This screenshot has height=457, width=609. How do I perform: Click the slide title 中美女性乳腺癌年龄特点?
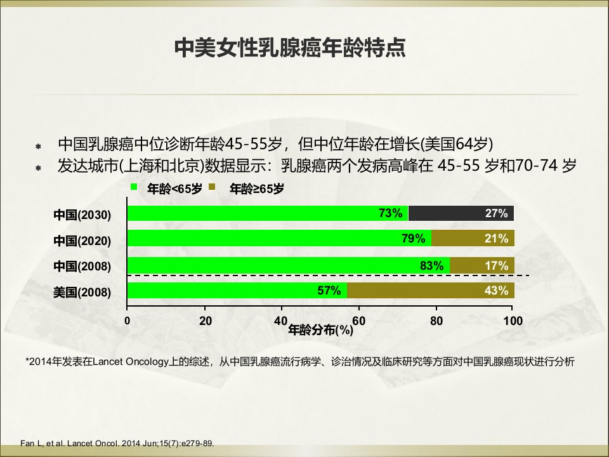[290, 48]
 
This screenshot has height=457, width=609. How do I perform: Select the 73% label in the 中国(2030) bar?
[390, 213]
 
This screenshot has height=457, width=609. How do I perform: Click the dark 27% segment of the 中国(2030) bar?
[461, 213]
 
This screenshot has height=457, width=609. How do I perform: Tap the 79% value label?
[413, 238]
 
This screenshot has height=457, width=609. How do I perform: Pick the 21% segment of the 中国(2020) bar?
[473, 238]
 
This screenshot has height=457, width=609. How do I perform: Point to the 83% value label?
[431, 266]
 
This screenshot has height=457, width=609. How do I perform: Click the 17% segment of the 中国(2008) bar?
[482, 265]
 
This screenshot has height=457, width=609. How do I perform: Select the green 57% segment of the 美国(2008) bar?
[237, 291]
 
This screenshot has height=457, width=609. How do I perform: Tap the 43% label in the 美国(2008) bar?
[496, 291]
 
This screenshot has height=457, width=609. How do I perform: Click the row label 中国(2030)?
[82, 215]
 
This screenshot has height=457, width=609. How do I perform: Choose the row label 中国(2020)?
[82, 241]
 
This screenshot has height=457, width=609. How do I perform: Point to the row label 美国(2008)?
[82, 292]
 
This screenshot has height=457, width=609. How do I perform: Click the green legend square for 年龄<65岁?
[134, 187]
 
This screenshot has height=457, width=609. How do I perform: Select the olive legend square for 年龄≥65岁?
[212, 187]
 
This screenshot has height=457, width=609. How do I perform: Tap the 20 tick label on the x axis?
[206, 321]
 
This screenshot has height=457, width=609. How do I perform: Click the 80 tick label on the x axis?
[436, 321]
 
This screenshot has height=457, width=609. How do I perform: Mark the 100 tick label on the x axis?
[513, 321]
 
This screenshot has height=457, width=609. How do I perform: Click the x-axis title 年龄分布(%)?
[320, 330]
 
